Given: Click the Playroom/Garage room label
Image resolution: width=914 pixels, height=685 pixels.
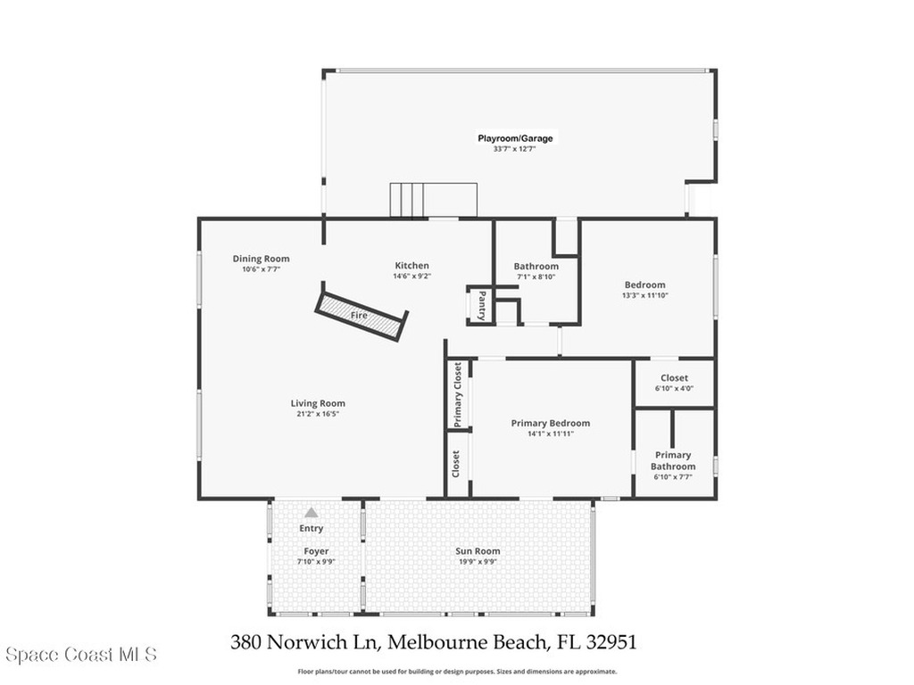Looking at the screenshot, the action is (515, 138).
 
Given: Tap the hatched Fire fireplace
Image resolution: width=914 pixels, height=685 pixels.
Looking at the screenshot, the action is (361, 315).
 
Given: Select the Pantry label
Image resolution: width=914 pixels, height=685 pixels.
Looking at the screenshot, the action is (482, 305).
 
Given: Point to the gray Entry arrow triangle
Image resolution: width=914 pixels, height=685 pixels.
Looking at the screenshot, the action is (312, 513).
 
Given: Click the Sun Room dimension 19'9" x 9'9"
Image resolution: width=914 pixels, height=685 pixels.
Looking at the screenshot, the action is (478, 562).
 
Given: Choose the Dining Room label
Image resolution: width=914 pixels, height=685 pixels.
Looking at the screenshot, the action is (262, 259).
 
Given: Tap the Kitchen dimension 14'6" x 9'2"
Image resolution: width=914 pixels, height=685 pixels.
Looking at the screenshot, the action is (412, 276).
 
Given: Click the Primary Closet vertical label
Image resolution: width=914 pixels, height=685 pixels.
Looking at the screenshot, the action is (458, 395).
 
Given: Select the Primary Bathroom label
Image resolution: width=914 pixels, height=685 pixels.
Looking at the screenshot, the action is (673, 461).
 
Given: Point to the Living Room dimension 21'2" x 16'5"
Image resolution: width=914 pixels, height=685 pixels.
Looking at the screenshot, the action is (319, 414).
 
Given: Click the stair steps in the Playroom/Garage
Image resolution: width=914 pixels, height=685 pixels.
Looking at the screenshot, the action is (434, 200).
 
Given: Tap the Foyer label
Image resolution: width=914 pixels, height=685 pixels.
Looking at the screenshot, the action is (316, 551).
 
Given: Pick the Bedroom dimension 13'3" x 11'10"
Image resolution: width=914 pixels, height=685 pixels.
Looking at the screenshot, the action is (645, 295).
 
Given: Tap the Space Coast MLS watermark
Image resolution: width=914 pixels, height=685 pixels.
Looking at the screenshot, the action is (81, 655).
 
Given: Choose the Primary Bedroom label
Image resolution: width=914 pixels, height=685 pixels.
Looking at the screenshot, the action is (551, 424).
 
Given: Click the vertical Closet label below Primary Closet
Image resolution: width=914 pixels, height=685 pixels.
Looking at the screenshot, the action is (456, 464).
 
